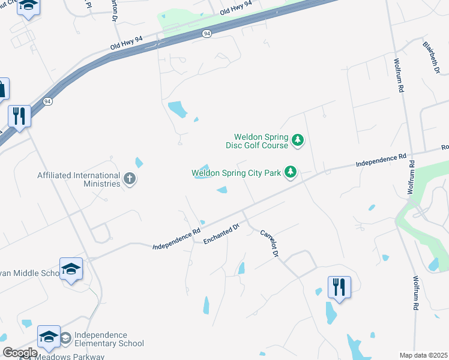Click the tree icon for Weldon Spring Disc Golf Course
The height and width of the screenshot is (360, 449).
[297, 140]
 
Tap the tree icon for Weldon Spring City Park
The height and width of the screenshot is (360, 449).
[291, 173]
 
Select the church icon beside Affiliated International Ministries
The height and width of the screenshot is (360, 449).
[129, 178]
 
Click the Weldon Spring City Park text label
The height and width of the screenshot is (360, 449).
[237, 173]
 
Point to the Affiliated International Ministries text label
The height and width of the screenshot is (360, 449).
[79, 179]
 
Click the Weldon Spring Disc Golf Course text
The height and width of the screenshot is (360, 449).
[257, 141]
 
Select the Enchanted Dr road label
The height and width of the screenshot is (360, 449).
[221, 233]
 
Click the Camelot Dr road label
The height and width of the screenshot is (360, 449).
[270, 243]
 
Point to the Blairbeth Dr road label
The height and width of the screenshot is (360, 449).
[431, 58]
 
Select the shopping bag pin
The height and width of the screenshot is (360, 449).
[2, 89]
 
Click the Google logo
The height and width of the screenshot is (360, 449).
[20, 352]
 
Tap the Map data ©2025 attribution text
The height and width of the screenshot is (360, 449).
[423, 355]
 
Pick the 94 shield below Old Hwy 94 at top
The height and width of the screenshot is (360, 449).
[206, 34]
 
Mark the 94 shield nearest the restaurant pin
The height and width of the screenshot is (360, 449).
[47, 101]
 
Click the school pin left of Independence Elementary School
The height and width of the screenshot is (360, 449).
[49, 337]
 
